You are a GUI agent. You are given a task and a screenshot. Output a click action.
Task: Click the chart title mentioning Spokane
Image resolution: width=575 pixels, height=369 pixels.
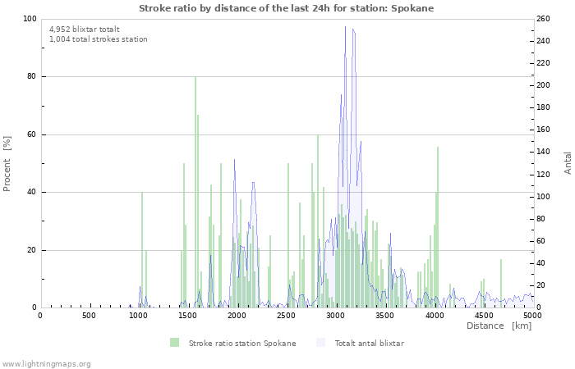[286, 8]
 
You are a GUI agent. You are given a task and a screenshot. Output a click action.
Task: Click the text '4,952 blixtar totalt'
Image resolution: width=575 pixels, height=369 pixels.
[84, 30]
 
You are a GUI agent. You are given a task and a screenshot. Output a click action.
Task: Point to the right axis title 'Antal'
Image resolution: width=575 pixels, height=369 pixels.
[568, 162]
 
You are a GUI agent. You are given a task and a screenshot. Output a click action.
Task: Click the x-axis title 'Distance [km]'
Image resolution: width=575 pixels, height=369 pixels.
[499, 326]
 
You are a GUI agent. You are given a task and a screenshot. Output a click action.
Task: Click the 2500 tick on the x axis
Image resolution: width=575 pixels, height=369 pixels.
[286, 316]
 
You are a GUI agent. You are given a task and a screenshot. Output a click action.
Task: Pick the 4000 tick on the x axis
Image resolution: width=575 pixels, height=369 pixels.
[434, 316]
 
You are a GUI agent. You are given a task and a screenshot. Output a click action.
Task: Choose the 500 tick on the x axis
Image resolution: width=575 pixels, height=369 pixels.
[89, 316]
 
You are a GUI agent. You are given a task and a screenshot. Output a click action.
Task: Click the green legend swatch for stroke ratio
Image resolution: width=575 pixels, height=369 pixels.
[174, 343]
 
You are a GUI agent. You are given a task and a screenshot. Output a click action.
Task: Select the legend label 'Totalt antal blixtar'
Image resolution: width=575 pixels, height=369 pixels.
[369, 343]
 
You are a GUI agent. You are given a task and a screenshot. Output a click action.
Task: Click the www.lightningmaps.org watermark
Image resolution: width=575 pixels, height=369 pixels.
[46, 363]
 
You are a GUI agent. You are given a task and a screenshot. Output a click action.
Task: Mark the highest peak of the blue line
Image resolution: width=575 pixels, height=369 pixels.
[346, 27]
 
